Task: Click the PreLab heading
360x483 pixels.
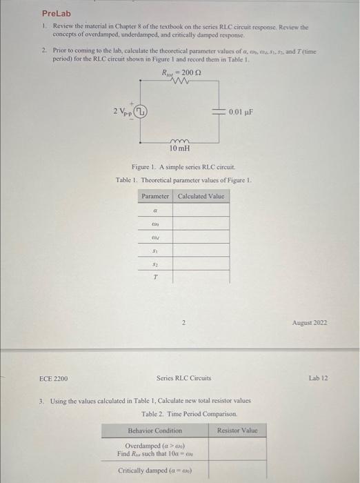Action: tap(57, 13)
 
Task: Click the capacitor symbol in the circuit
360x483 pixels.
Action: tap(221, 110)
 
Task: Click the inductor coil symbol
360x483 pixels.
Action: tap(179, 139)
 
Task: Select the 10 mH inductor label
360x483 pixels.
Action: tap(179, 148)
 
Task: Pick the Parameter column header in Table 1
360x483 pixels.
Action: tap(155, 197)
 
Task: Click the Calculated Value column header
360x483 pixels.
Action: tap(201, 197)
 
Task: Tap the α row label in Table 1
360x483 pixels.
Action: tap(155, 210)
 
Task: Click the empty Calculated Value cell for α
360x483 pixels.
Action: tap(201, 210)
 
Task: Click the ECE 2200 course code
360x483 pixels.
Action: tap(54, 377)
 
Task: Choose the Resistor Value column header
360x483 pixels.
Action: tap(237, 431)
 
